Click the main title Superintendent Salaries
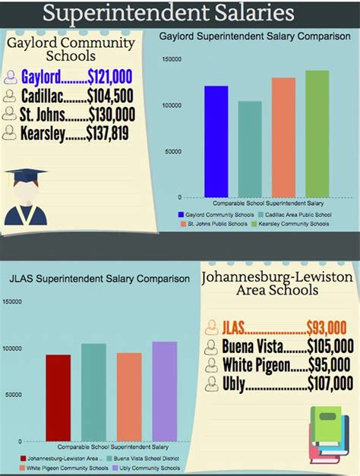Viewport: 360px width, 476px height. (169, 13)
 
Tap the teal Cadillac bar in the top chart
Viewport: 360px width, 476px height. (250, 150)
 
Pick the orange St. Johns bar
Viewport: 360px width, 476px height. (283, 137)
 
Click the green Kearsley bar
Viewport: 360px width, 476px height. (317, 134)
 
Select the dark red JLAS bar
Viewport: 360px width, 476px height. (58, 398)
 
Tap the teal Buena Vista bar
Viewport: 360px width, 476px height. (93, 392)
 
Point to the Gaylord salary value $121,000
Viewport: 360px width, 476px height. (110, 77)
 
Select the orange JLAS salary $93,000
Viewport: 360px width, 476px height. (326, 327)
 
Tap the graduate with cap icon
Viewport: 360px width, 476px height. (25, 197)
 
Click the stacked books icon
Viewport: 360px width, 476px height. (328, 433)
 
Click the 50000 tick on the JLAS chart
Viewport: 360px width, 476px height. (12, 395)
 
